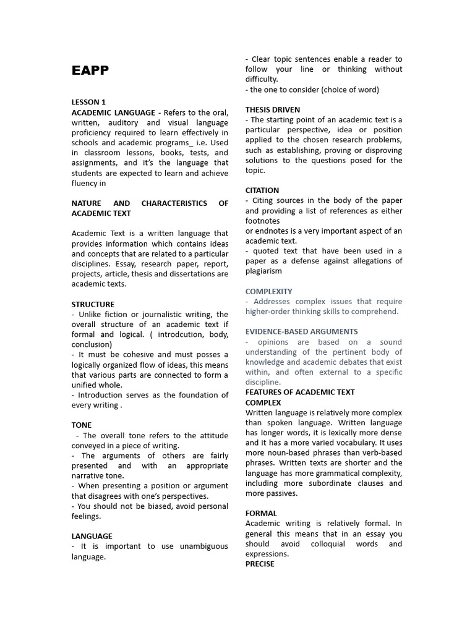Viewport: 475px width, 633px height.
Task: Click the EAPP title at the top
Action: coord(90,70)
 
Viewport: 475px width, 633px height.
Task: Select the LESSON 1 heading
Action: coord(88,102)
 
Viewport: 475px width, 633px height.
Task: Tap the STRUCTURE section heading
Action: coord(93,304)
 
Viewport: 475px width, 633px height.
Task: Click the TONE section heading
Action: coord(82,425)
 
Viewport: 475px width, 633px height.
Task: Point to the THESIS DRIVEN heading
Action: coord(273,109)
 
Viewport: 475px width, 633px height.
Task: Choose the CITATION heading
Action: coord(262,190)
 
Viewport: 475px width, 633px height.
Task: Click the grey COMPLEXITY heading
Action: coord(269,291)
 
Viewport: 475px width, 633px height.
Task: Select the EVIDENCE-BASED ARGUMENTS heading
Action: coord(301,332)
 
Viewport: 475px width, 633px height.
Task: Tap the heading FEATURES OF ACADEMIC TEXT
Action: coord(300,393)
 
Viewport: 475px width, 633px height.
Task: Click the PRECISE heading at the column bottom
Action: coord(260,564)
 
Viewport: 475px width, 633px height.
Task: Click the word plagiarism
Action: coord(263,271)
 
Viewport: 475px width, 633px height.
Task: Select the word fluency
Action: coord(85,183)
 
